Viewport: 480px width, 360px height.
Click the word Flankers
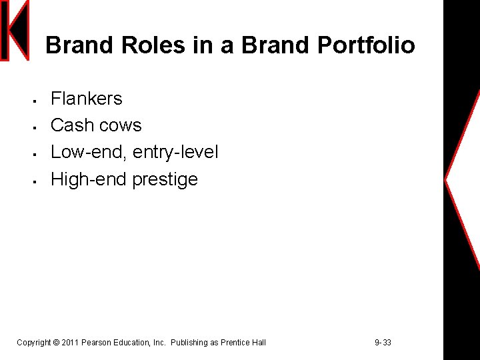[87, 99]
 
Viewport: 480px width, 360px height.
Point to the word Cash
[71, 125]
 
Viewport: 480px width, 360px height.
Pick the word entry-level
[176, 153]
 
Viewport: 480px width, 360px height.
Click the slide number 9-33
[383, 343]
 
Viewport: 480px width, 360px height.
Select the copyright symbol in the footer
[56, 343]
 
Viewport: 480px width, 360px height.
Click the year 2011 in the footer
[70, 343]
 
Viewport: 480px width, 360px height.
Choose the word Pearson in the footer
[97, 343]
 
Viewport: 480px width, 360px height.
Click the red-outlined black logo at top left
[15, 31]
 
